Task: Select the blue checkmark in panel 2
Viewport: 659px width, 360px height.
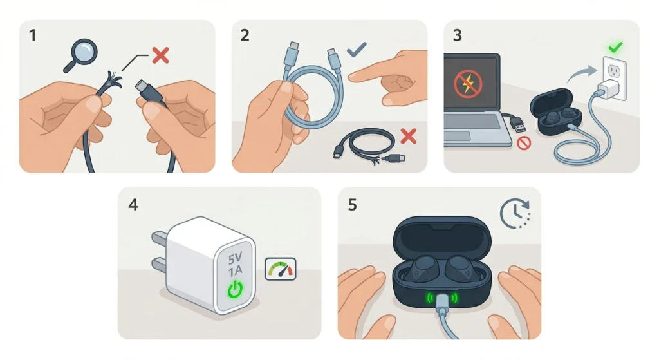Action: (x=356, y=50)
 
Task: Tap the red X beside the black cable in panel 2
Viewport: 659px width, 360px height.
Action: (x=407, y=136)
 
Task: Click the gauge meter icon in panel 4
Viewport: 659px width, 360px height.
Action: (x=281, y=269)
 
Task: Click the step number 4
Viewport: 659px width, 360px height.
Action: (x=133, y=205)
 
